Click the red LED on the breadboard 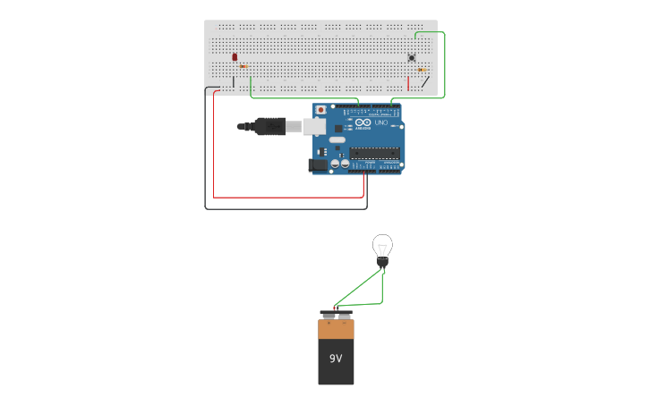point(235,57)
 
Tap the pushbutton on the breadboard point(412,58)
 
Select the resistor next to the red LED point(243,66)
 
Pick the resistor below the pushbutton point(422,69)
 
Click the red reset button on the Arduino point(322,110)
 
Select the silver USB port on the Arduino point(315,126)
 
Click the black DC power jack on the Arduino point(318,165)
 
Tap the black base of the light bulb point(383,264)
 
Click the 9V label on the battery point(336,359)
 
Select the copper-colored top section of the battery point(336,330)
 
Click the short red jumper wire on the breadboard point(409,83)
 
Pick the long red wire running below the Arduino point(286,197)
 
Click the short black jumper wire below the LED point(234,82)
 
